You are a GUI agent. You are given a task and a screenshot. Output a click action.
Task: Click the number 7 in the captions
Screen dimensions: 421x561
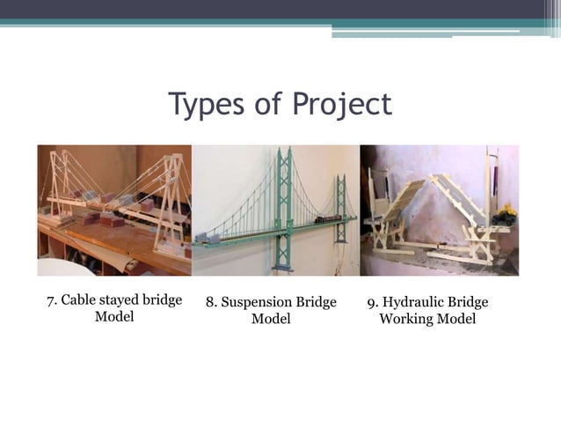pos(50,301)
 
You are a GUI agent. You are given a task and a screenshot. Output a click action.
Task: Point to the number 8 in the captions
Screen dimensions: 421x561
pos(210,303)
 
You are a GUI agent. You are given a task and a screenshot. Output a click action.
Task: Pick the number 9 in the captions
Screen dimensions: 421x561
pos(371,303)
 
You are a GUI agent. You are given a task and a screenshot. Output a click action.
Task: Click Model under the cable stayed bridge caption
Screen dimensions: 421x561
pos(114,317)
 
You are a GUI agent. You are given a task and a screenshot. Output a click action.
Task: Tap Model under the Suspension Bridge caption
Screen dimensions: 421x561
pos(271,319)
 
